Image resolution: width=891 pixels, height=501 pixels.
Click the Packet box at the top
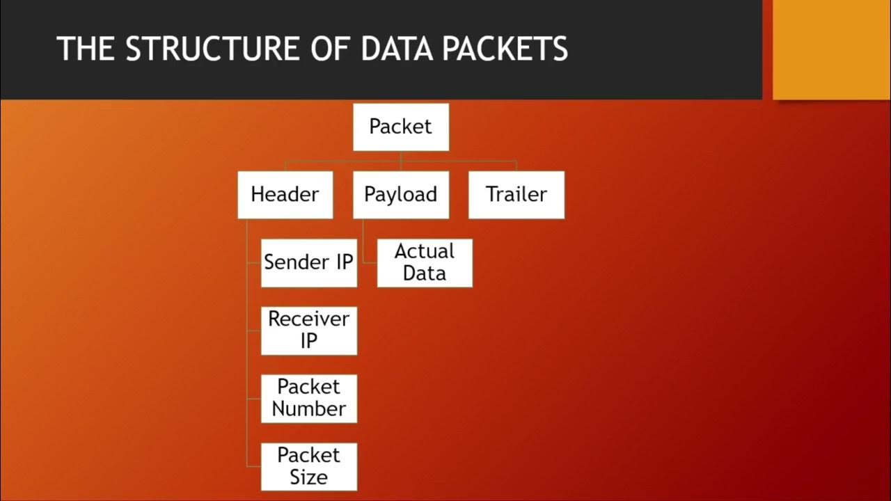pos(401,127)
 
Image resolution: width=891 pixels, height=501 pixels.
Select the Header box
pos(285,194)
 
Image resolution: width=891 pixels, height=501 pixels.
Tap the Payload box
pos(401,194)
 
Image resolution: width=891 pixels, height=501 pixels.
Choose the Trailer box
pos(517,194)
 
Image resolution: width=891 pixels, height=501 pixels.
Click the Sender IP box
pos(309,262)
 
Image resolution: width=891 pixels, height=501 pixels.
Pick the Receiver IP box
pos(309,331)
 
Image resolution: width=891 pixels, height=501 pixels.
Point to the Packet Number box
pos(309,398)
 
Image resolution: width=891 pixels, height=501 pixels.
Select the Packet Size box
pos(309,466)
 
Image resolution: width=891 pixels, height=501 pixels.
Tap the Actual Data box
pos(425,262)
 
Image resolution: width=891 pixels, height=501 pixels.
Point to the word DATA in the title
pos(400,49)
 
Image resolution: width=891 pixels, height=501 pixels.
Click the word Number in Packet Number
pos(309,408)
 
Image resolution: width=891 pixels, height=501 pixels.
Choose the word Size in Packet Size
pos(309,477)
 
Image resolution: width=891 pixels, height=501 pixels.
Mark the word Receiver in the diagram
pos(309,319)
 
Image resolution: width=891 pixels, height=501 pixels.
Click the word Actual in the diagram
pos(425,251)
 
